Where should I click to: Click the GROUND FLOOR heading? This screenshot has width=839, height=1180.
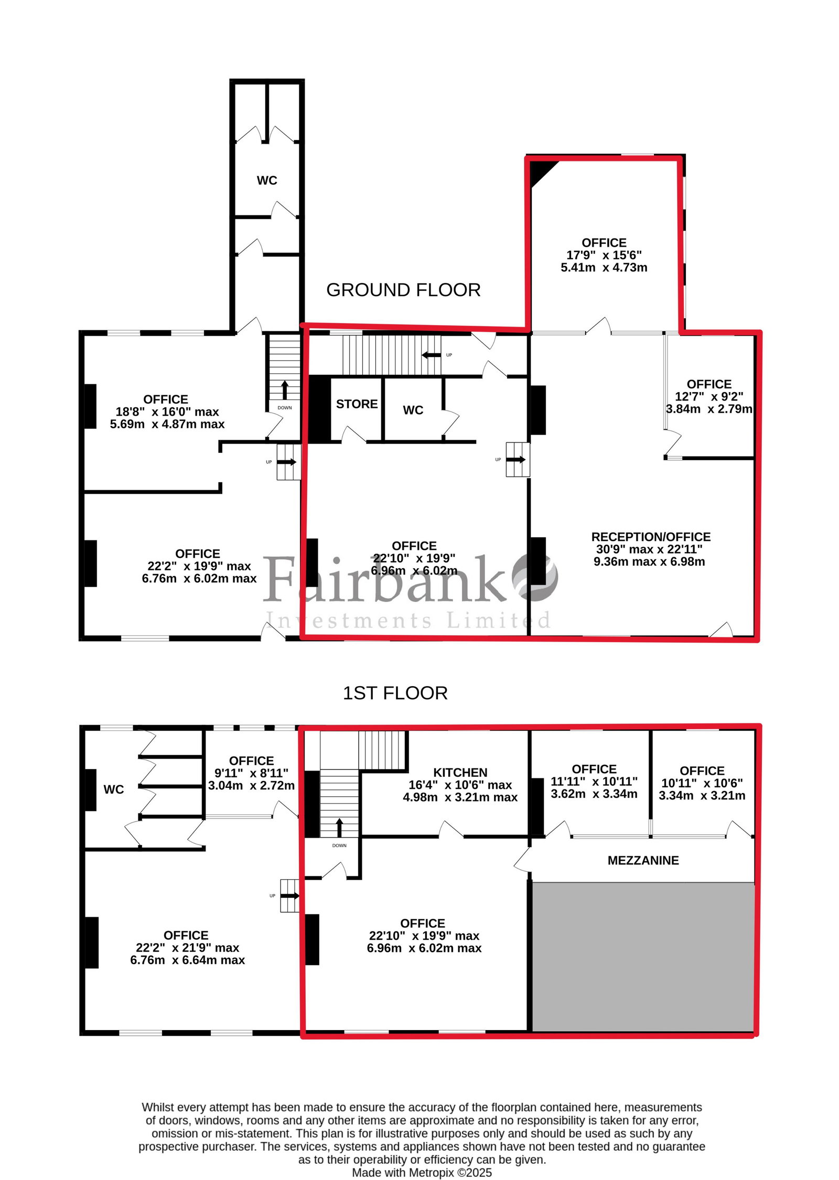click(403, 290)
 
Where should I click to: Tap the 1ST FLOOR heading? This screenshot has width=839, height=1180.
click(395, 693)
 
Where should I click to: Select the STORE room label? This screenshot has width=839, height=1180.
click(357, 404)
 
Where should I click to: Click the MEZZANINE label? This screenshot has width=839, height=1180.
click(643, 860)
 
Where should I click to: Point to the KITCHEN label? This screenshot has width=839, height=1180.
click(460, 772)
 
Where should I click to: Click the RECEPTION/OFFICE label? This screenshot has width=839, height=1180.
click(651, 537)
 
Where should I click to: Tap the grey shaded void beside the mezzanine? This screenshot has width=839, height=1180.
click(643, 957)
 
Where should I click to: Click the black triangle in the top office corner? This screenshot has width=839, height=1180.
click(540, 171)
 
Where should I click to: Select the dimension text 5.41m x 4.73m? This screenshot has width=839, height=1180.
click(604, 267)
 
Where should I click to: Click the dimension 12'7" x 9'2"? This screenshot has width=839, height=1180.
click(708, 396)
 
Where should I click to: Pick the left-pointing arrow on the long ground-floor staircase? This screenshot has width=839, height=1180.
click(431, 355)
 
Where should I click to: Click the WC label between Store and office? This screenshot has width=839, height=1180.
click(413, 410)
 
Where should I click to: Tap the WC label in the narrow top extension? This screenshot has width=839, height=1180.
click(267, 180)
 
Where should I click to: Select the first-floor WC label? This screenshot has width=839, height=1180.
click(114, 789)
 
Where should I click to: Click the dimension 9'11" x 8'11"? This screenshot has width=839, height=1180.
click(251, 773)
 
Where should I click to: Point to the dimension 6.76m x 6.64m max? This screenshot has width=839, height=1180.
click(188, 960)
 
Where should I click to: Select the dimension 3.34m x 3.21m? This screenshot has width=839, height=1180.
click(702, 795)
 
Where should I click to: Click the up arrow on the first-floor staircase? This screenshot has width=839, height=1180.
click(339, 827)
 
